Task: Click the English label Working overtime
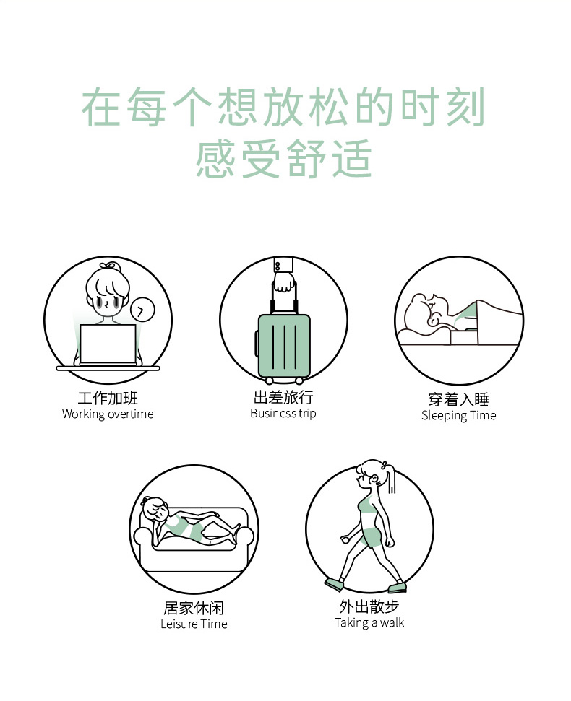[x=108, y=414]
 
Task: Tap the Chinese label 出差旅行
[x=283, y=397]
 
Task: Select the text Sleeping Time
[x=459, y=415]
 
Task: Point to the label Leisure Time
[x=194, y=624]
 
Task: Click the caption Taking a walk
[x=369, y=623]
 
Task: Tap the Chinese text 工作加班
[x=108, y=398]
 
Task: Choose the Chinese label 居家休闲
[x=194, y=608]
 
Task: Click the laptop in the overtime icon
[x=108, y=344]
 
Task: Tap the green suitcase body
[x=284, y=346]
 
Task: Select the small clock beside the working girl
[x=142, y=310]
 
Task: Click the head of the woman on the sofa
[x=155, y=510]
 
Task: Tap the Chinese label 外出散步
[x=369, y=606]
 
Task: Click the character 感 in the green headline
[x=215, y=158]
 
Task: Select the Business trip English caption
[x=283, y=413]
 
